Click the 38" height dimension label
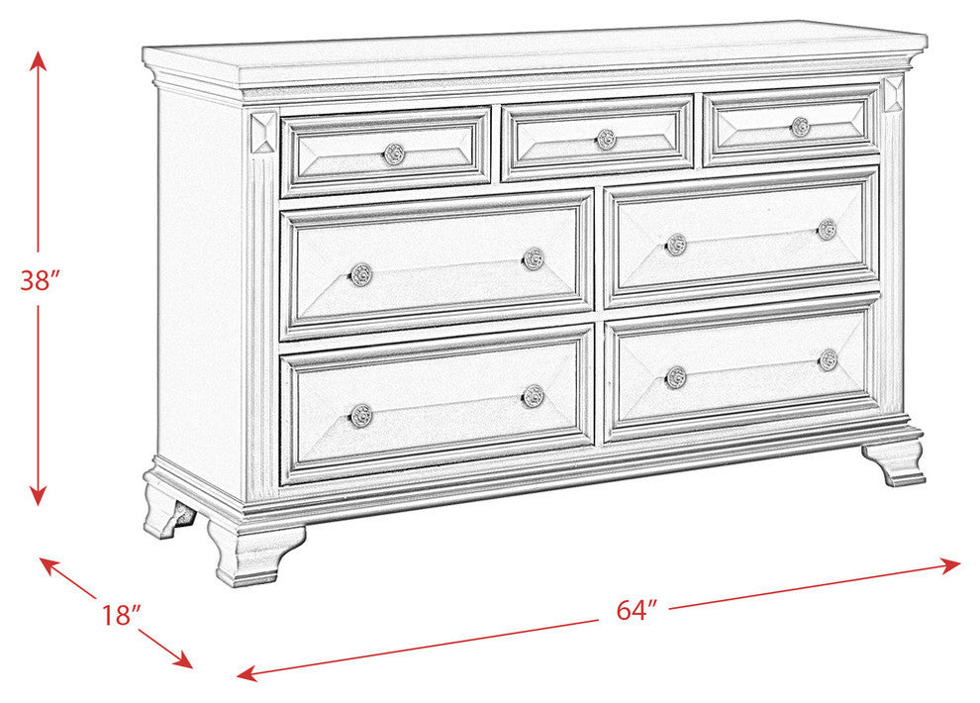(x=41, y=280)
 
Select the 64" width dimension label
(x=637, y=610)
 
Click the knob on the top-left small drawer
(x=394, y=153)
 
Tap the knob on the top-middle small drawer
(x=606, y=140)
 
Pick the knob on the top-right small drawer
(x=801, y=127)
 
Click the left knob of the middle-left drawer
(x=361, y=274)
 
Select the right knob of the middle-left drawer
(x=534, y=259)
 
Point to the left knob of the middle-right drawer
(x=676, y=245)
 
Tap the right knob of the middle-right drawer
(x=827, y=230)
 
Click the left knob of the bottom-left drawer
(x=361, y=415)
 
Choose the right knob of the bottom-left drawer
(x=534, y=396)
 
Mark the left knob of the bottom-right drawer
(x=676, y=376)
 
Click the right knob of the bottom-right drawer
(x=829, y=359)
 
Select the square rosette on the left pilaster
(x=263, y=133)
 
